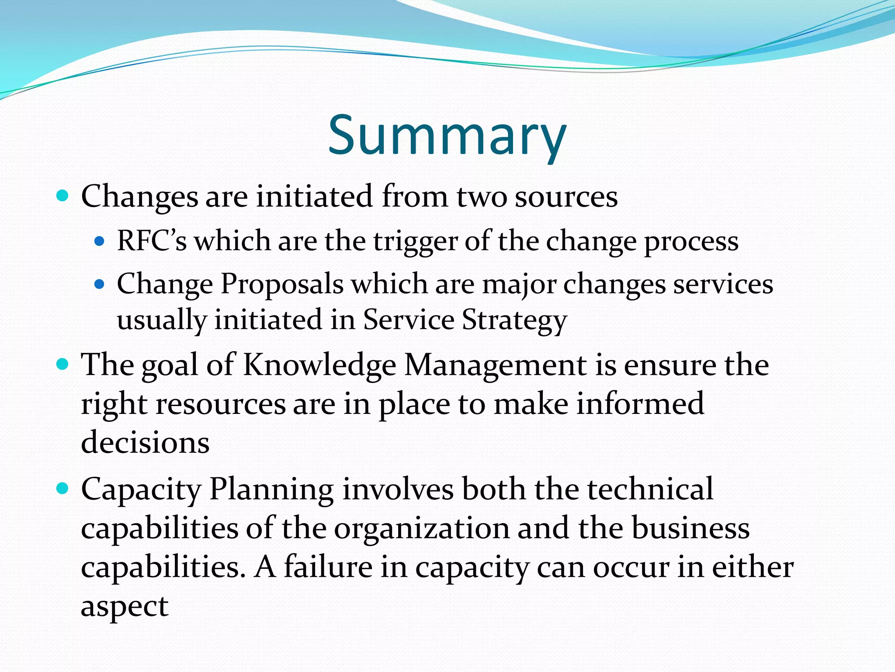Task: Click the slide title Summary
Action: [x=447, y=136]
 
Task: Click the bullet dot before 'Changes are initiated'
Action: [x=63, y=195]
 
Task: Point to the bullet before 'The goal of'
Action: [x=63, y=364]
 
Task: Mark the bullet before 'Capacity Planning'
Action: [x=63, y=488]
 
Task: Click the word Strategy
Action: [x=514, y=320]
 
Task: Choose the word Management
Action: [x=496, y=364]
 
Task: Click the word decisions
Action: [x=145, y=442]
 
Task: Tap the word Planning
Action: [x=271, y=489]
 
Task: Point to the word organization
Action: [x=422, y=528]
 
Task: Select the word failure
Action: [x=328, y=567]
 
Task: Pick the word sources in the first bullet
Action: [x=566, y=196]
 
